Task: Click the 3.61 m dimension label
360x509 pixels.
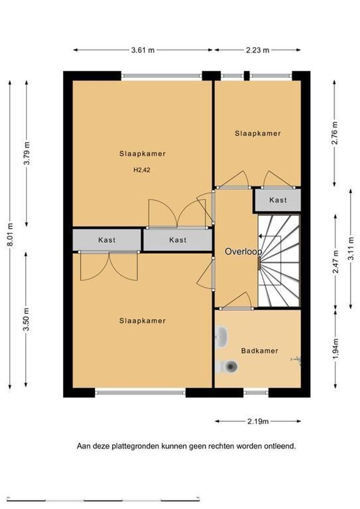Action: [x=143, y=50]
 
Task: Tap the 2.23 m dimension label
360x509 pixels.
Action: [x=257, y=50]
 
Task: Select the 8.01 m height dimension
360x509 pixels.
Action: [x=10, y=234]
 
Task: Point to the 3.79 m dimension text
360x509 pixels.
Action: [x=27, y=153]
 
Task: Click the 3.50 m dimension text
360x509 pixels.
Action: [x=27, y=319]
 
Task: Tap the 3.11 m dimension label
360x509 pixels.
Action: [x=351, y=249]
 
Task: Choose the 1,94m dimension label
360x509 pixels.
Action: [x=335, y=349]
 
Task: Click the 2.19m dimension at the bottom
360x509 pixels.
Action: [x=258, y=422]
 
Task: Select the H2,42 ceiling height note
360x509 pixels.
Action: [x=142, y=170]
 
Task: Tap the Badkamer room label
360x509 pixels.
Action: [x=260, y=351]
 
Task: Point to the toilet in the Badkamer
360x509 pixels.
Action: [x=227, y=367]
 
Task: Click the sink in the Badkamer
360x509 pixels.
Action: [x=221, y=337]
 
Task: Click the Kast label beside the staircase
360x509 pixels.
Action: [x=278, y=200]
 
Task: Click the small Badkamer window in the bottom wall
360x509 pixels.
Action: [x=256, y=393]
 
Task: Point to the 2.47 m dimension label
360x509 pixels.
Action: [x=335, y=262]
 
